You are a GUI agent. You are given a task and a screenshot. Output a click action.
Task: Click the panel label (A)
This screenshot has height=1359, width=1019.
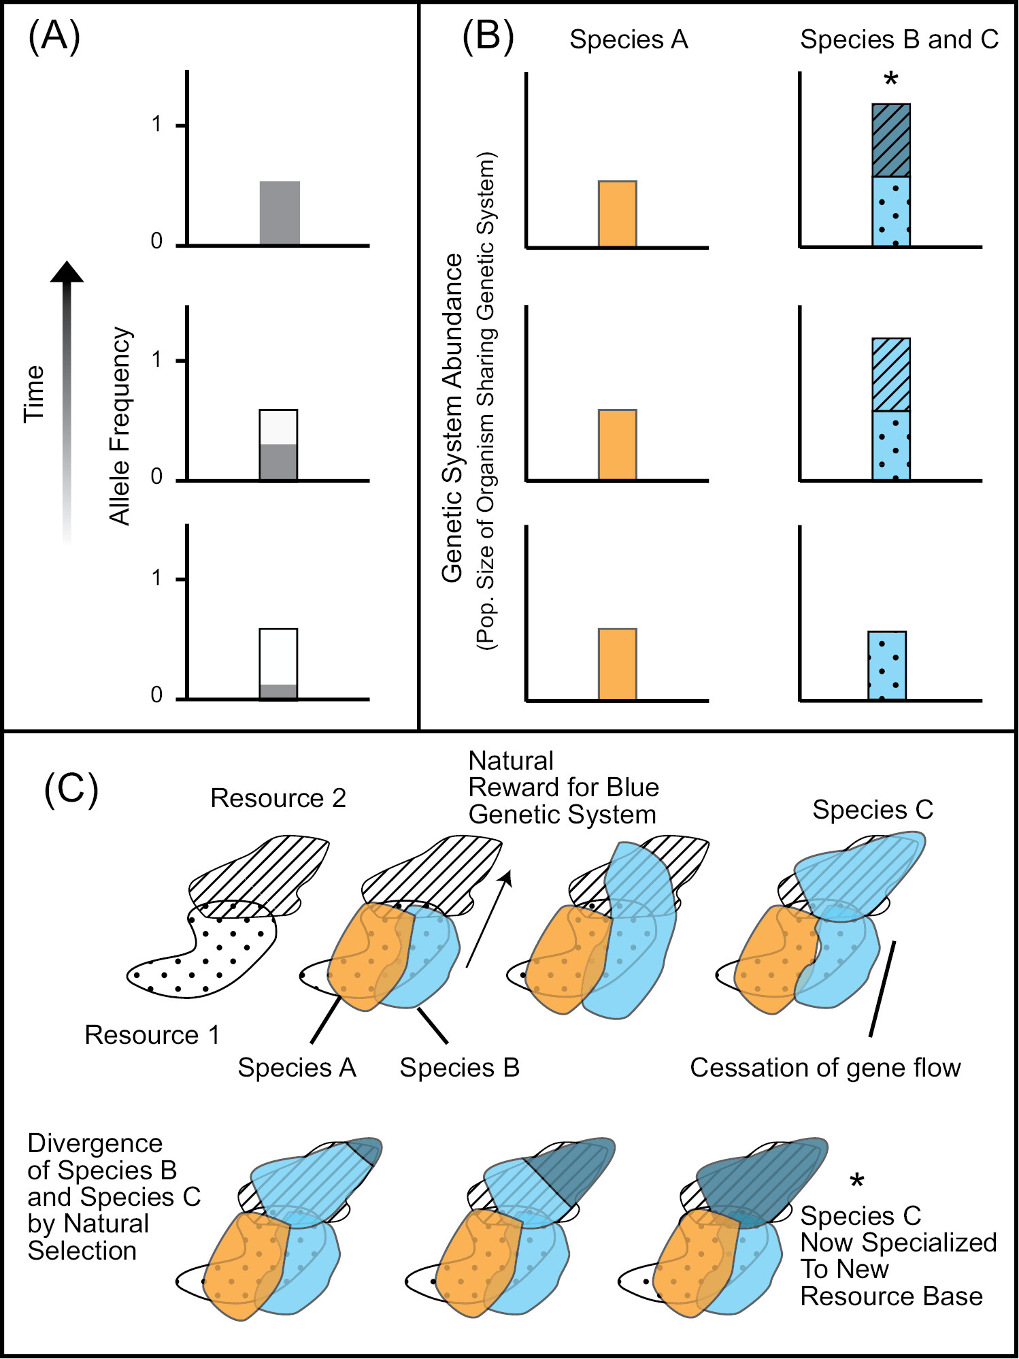(x=54, y=37)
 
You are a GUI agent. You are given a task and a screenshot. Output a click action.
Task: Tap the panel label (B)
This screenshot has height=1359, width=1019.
(x=488, y=37)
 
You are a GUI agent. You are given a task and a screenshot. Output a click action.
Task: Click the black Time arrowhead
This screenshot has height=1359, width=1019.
(x=67, y=272)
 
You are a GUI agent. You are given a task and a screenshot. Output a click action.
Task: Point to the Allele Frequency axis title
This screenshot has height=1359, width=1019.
(x=120, y=426)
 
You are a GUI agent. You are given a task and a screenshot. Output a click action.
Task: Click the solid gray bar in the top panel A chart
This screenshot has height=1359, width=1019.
(x=280, y=213)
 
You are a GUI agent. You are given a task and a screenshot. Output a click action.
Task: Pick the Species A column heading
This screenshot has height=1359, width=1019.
(x=629, y=39)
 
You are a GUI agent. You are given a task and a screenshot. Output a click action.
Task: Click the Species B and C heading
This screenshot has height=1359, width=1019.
(x=899, y=39)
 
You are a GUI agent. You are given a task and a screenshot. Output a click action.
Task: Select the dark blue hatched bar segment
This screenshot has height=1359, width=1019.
(x=891, y=140)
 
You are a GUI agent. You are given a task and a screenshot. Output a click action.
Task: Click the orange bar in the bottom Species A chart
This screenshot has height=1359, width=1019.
(x=617, y=664)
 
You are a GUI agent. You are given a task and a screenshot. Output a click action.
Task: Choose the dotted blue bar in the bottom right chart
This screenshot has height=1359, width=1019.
(x=887, y=666)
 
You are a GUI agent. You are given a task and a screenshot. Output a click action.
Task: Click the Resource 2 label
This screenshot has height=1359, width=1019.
(x=278, y=798)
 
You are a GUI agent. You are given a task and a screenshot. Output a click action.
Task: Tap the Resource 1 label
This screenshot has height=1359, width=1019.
(x=152, y=1035)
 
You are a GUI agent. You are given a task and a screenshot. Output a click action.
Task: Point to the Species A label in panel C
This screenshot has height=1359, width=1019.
(x=297, y=1068)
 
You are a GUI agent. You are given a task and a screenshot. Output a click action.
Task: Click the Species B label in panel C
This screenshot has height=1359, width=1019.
(x=459, y=1068)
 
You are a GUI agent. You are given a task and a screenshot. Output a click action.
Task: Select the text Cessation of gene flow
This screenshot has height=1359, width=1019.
(x=825, y=1068)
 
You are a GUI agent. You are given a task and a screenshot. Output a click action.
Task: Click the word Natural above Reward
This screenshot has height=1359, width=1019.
(x=511, y=761)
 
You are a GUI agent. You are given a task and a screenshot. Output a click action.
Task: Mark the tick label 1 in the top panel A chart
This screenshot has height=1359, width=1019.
(x=157, y=125)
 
